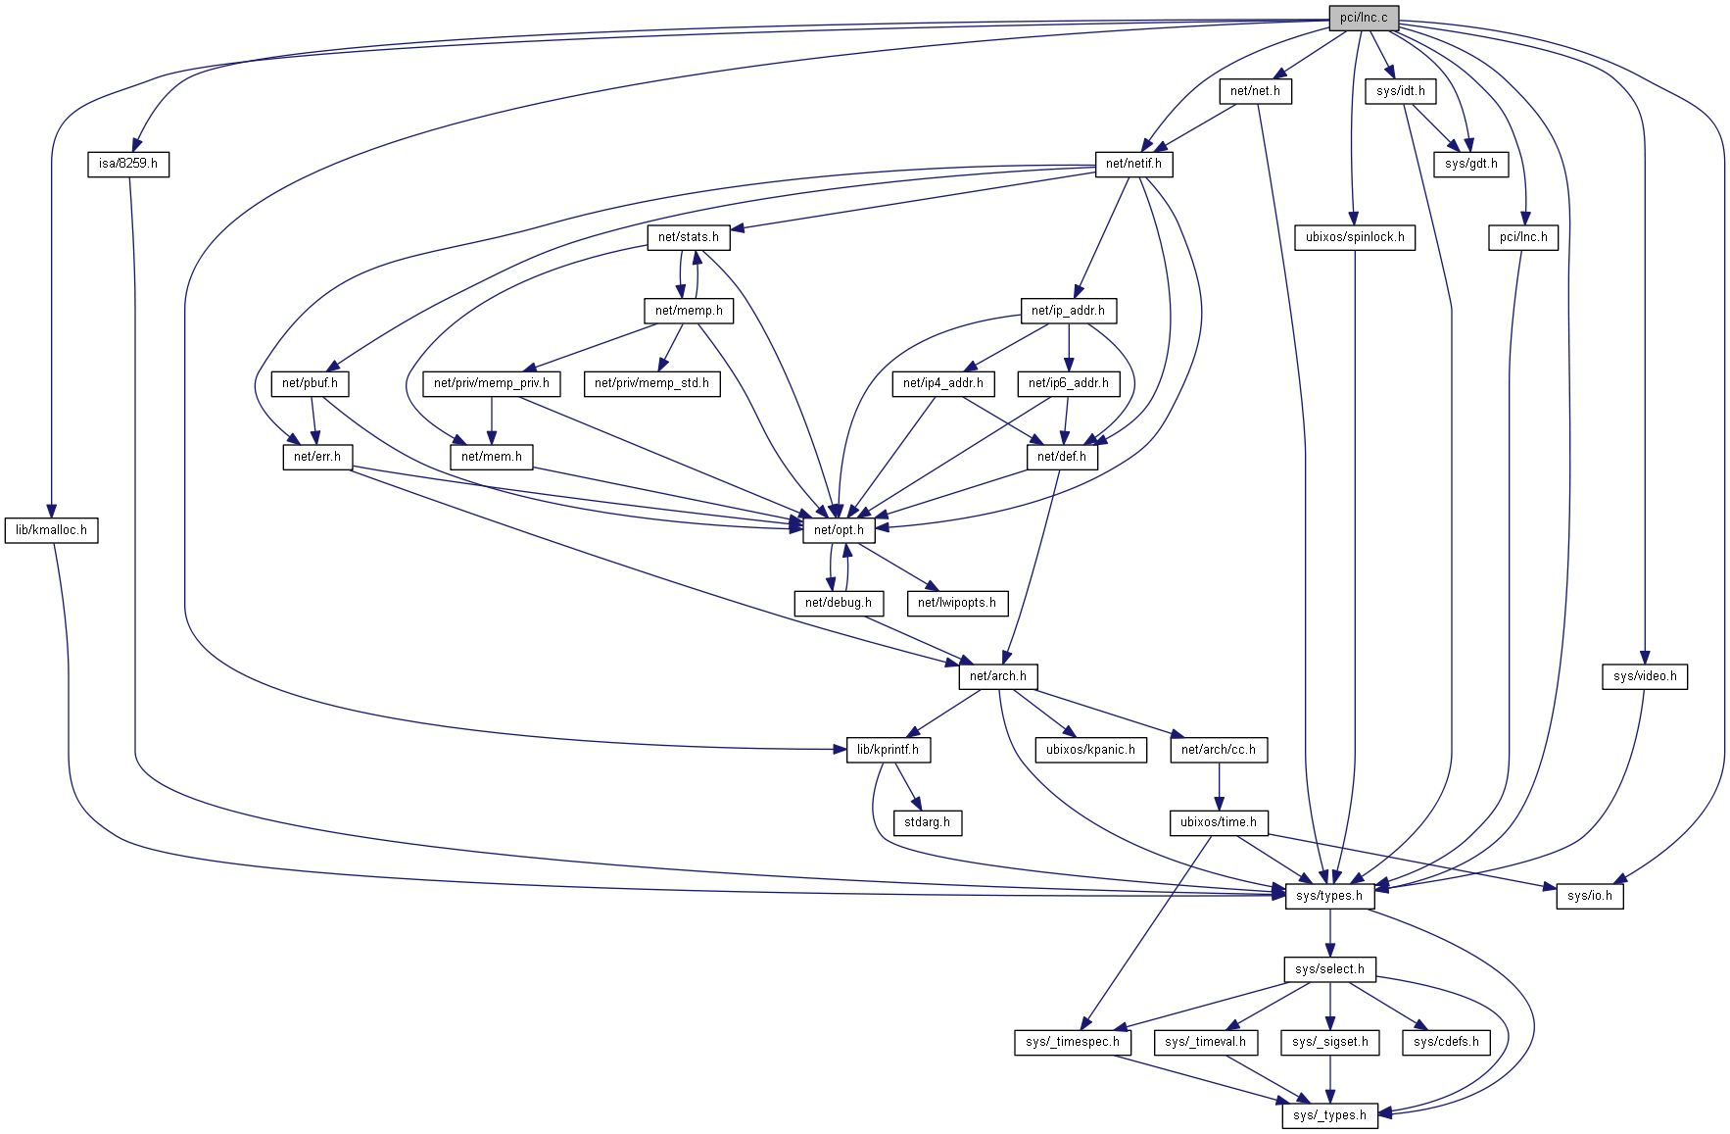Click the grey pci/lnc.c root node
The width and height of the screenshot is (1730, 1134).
tap(1363, 18)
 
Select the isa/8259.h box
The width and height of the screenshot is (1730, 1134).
tap(127, 164)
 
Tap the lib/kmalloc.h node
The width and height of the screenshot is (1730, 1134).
tap(51, 530)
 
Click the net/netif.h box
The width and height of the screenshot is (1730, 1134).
tap(1132, 164)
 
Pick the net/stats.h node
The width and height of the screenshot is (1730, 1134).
tap(688, 237)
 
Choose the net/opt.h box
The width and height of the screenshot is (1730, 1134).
tap(839, 530)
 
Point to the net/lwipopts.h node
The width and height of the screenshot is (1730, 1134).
tap(956, 603)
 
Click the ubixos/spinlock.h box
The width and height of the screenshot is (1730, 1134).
tap(1354, 237)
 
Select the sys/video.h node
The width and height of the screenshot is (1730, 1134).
tap(1644, 676)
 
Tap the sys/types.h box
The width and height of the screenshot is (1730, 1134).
tap(1328, 896)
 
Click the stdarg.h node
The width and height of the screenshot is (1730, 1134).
tap(927, 822)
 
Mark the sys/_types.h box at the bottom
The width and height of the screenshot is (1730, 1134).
tap(1328, 1115)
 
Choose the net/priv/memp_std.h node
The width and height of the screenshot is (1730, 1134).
tap(651, 383)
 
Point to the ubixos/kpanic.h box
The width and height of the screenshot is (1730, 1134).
tap(1089, 750)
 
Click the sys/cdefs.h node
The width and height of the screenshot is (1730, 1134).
tap(1445, 1042)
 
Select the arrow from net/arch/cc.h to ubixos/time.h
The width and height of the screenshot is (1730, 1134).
tap(1219, 786)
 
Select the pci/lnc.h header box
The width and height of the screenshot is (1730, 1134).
tap(1522, 237)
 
